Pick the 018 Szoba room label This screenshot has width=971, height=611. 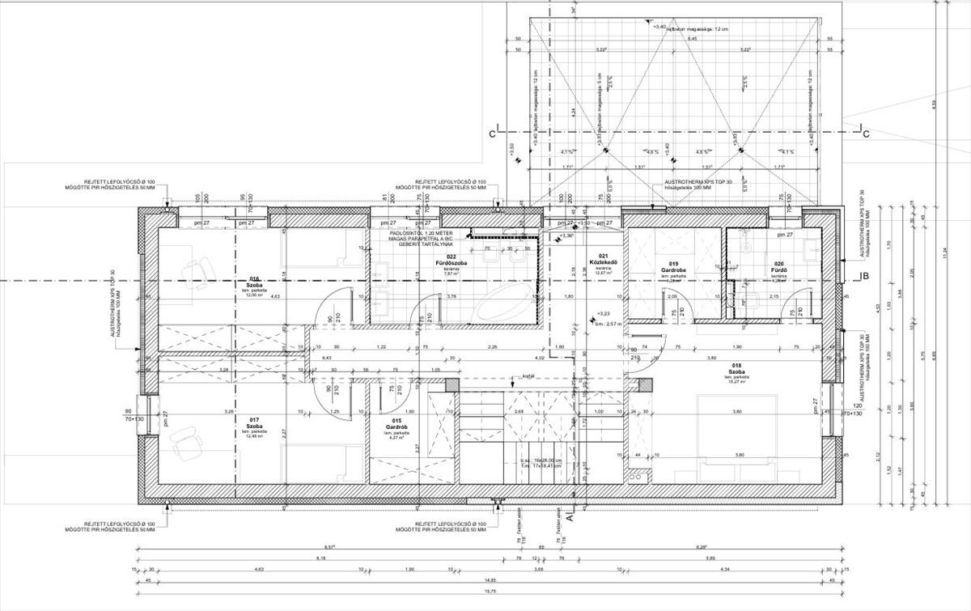coord(736,370)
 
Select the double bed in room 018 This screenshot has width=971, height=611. coord(736,437)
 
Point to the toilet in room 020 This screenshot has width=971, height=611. coord(748,302)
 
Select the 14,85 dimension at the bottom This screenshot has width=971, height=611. coord(490,580)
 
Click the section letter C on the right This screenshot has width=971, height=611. coord(865,134)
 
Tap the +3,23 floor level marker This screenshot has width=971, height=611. coord(602,313)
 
